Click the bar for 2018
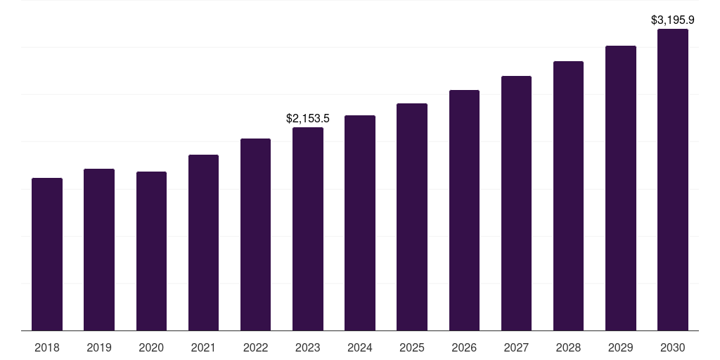[x=47, y=254]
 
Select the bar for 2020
[x=151, y=251]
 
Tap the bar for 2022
[x=255, y=234]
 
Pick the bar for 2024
[x=360, y=223]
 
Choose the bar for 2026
[x=464, y=210]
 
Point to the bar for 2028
[x=568, y=195]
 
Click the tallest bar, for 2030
[x=673, y=179]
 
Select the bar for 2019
[x=99, y=250]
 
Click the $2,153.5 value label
[x=308, y=119]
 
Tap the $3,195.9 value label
[x=673, y=20]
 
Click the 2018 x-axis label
[x=47, y=347]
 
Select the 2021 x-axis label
[x=203, y=347]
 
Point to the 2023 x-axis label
[x=308, y=347]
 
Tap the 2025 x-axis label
[x=412, y=347]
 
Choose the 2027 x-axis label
[x=516, y=347]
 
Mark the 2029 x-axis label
[x=621, y=347]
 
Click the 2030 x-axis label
[x=673, y=347]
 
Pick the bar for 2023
[x=308, y=229]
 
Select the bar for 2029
[x=621, y=188]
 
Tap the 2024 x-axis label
[x=360, y=347]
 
